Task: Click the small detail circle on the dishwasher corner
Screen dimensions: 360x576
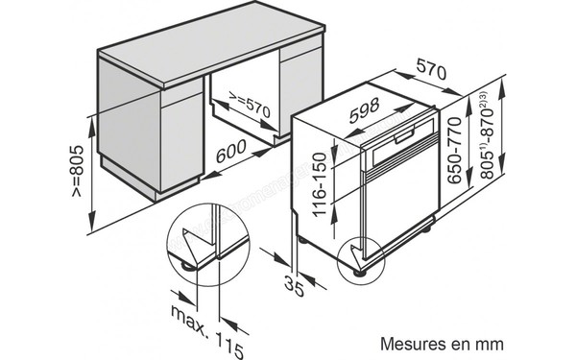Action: [x=362, y=254]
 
